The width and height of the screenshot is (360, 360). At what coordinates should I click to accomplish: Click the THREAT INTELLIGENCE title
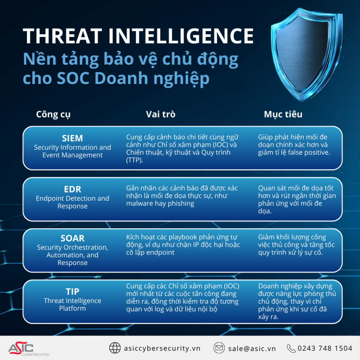tap(138, 36)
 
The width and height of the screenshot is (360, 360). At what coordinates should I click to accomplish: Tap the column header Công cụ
tap(53, 115)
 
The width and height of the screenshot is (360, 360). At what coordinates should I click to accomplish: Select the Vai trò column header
tap(161, 115)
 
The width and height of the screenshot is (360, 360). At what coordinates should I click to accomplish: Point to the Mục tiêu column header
tap(283, 115)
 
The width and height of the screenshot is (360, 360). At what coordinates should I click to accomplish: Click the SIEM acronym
tap(72, 138)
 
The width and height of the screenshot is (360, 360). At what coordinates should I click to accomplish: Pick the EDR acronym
tap(72, 189)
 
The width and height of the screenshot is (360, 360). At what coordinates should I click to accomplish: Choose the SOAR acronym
tap(72, 238)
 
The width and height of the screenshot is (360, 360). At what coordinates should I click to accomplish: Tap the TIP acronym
tap(72, 291)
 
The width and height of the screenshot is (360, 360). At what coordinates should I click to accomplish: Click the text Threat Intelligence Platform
tap(72, 304)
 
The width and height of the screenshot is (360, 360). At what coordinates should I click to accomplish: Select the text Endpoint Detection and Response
tap(72, 202)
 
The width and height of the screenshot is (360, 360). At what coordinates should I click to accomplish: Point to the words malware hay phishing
tap(160, 204)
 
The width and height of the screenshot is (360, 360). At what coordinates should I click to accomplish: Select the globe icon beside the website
tap(115, 348)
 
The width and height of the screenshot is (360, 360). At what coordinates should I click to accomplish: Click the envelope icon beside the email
tap(219, 348)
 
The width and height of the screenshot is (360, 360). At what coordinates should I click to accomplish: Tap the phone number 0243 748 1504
tap(324, 348)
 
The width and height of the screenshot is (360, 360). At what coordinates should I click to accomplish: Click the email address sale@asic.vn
tap(252, 348)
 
